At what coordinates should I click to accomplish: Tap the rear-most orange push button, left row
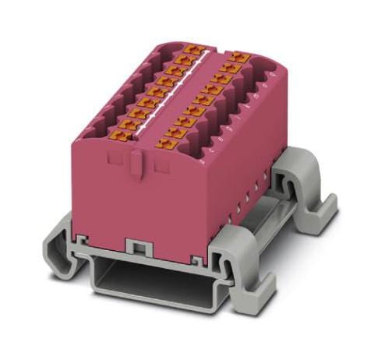point(194,50)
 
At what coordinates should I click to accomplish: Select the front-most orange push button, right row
point(165,143)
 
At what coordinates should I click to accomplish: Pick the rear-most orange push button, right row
point(239,58)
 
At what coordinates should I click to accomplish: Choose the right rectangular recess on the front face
point(161,164)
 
